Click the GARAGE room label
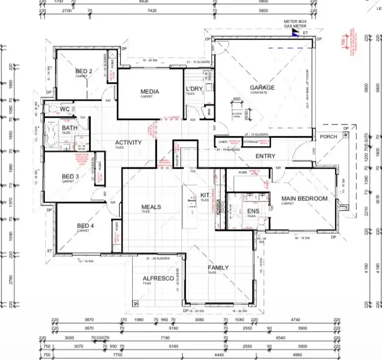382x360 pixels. click(x=262, y=88)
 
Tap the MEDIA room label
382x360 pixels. click(x=150, y=92)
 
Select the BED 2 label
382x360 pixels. click(x=84, y=71)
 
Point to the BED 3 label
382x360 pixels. click(x=70, y=177)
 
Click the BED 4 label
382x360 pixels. click(x=86, y=226)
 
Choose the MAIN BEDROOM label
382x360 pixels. click(x=305, y=199)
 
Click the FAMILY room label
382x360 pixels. click(x=218, y=267)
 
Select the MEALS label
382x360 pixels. click(x=151, y=207)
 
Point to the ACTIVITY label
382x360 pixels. click(x=128, y=143)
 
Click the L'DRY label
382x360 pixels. click(x=194, y=89)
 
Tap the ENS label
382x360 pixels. click(x=253, y=212)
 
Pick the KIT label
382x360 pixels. click(x=205, y=195)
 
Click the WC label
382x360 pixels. click(x=65, y=109)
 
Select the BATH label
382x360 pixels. click(x=70, y=128)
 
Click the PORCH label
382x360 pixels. click(x=328, y=136)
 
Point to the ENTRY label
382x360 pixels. click(x=265, y=156)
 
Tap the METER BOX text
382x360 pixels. click(x=295, y=21)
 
